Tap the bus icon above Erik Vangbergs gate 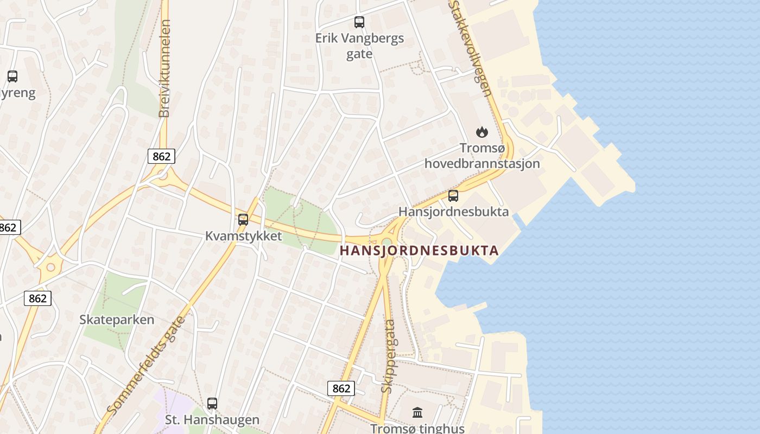coord(359,22)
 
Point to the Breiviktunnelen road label coord(164,68)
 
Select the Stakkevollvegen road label coord(471,48)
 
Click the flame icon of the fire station coord(482,132)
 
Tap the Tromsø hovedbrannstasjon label coord(482,156)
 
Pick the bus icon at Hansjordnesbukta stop coord(453,196)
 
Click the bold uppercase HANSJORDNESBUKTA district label coord(419,251)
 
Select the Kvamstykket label coord(243,236)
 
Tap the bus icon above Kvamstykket coord(243,220)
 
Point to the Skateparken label coord(117,320)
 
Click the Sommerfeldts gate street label coord(146,366)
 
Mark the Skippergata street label coord(388,356)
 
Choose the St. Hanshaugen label coord(212,420)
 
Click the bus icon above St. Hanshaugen coord(212,404)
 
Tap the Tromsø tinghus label coord(417,429)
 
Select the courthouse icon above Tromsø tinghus coord(417,413)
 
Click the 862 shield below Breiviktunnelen coord(161,157)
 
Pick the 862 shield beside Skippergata coord(341,388)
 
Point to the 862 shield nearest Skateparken coord(37,298)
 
